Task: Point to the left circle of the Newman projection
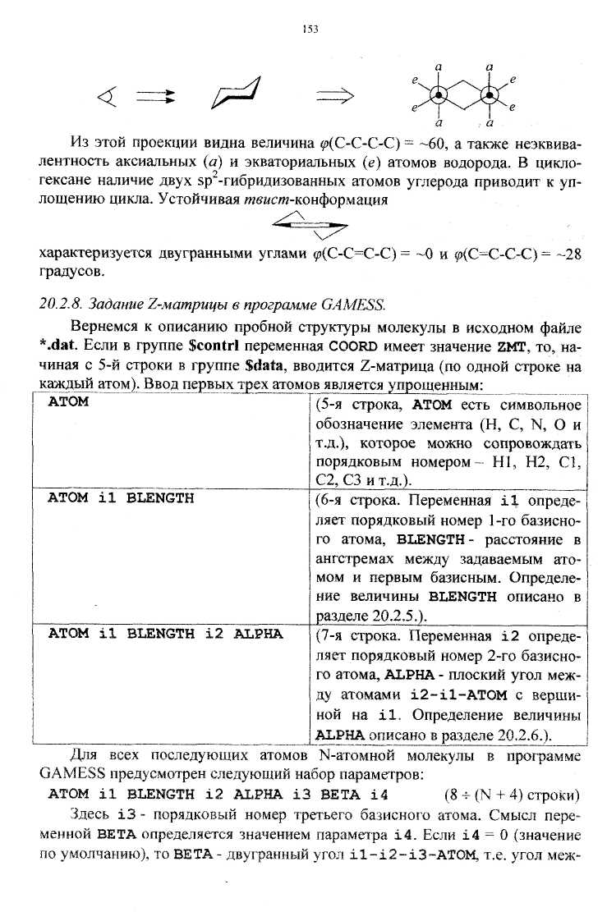439,95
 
